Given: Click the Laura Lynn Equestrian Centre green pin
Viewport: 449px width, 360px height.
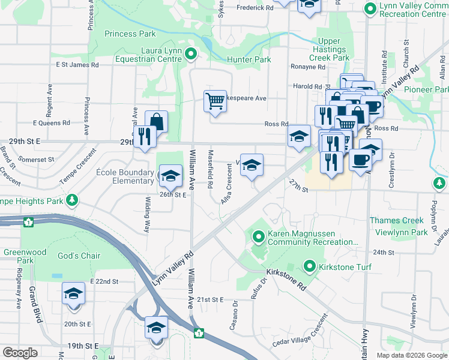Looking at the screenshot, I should point(191,55).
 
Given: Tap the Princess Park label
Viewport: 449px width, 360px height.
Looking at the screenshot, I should point(130,34).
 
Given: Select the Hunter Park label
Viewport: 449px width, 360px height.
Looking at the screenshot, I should point(249,60).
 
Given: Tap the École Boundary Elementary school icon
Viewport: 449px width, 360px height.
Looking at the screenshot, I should point(170,175).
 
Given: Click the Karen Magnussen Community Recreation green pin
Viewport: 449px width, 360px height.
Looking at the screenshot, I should point(259,237).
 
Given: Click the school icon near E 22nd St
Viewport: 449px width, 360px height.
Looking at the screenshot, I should point(73,294).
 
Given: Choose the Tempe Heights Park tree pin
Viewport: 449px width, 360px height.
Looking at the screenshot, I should point(72,199).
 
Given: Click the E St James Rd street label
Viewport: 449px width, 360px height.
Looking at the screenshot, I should point(77,65).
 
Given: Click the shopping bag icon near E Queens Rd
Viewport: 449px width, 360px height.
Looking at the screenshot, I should point(156,121).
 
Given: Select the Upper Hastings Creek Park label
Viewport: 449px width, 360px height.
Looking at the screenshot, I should point(330,50).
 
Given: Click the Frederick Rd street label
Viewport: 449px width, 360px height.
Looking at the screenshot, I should point(255,8).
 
